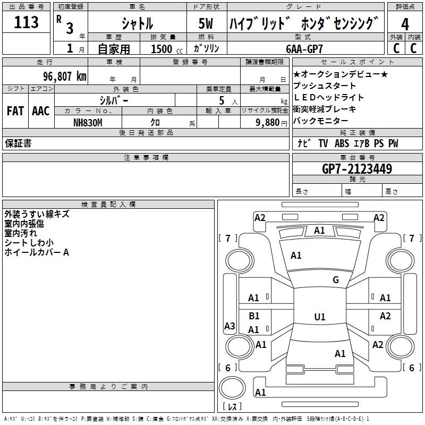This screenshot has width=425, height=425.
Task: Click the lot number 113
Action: click(26, 22)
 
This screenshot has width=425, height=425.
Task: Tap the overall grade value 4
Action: click(405, 24)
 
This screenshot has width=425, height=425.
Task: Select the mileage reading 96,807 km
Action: click(65, 76)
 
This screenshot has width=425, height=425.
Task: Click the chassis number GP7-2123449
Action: click(357, 169)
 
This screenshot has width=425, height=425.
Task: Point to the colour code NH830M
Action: click(88, 123)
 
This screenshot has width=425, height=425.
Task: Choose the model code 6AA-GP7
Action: click(304, 49)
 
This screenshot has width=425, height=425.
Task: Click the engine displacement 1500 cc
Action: click(167, 49)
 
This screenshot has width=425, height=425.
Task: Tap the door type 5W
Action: click(206, 23)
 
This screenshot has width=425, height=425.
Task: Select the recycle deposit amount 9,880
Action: click(268, 123)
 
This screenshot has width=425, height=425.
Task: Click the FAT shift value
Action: click(15, 111)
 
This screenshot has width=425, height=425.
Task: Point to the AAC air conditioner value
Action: click(41, 111)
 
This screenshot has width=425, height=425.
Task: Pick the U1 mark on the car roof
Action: click(320, 317)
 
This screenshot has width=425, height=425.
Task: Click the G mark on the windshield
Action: click(336, 279)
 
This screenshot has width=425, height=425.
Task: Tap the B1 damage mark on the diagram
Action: click(254, 316)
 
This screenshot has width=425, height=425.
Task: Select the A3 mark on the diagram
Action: click(229, 326)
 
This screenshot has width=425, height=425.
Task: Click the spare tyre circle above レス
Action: click(232, 388)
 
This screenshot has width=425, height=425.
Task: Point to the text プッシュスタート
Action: click(325, 86)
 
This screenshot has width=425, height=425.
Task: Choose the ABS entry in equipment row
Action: click(342, 143)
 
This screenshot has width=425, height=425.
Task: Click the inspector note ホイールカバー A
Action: click(37, 252)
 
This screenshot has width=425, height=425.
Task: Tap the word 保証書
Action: click(18, 143)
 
